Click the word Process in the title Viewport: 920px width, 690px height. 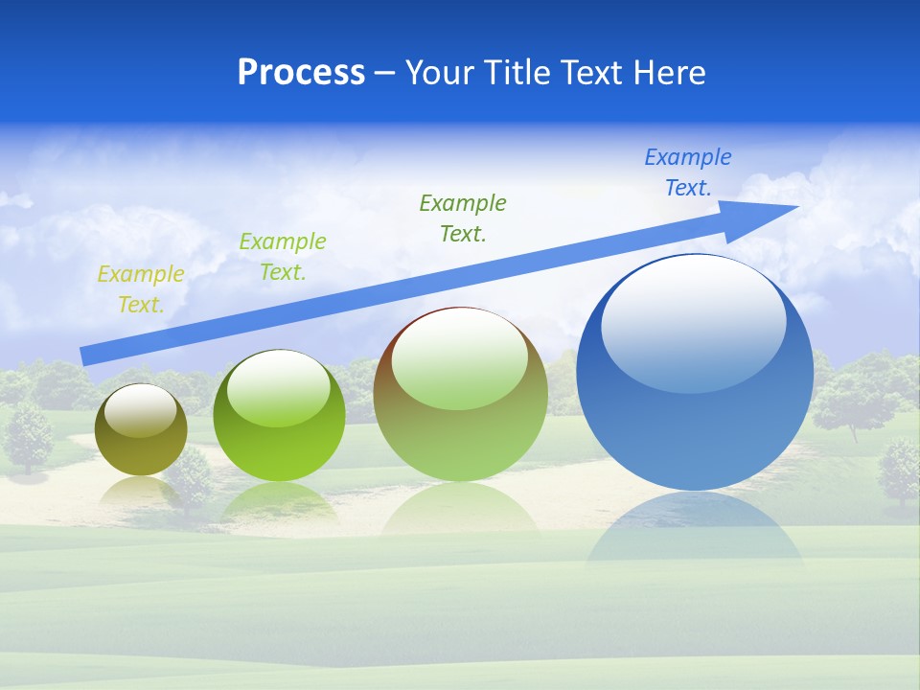(301, 73)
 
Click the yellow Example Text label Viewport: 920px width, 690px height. (141, 289)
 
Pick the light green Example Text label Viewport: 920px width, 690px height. (283, 257)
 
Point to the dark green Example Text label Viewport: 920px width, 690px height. (463, 218)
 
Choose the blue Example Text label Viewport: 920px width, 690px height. (688, 172)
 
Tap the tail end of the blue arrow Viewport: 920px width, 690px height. (88, 356)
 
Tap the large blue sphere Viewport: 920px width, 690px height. (695, 422)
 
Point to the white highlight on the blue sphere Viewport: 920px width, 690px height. (693, 321)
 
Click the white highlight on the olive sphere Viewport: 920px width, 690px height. (141, 410)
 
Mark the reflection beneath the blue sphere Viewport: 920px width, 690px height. (695, 532)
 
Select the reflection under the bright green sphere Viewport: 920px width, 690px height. (279, 503)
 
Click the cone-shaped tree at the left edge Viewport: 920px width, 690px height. (29, 436)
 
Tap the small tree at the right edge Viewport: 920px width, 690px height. (898, 470)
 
